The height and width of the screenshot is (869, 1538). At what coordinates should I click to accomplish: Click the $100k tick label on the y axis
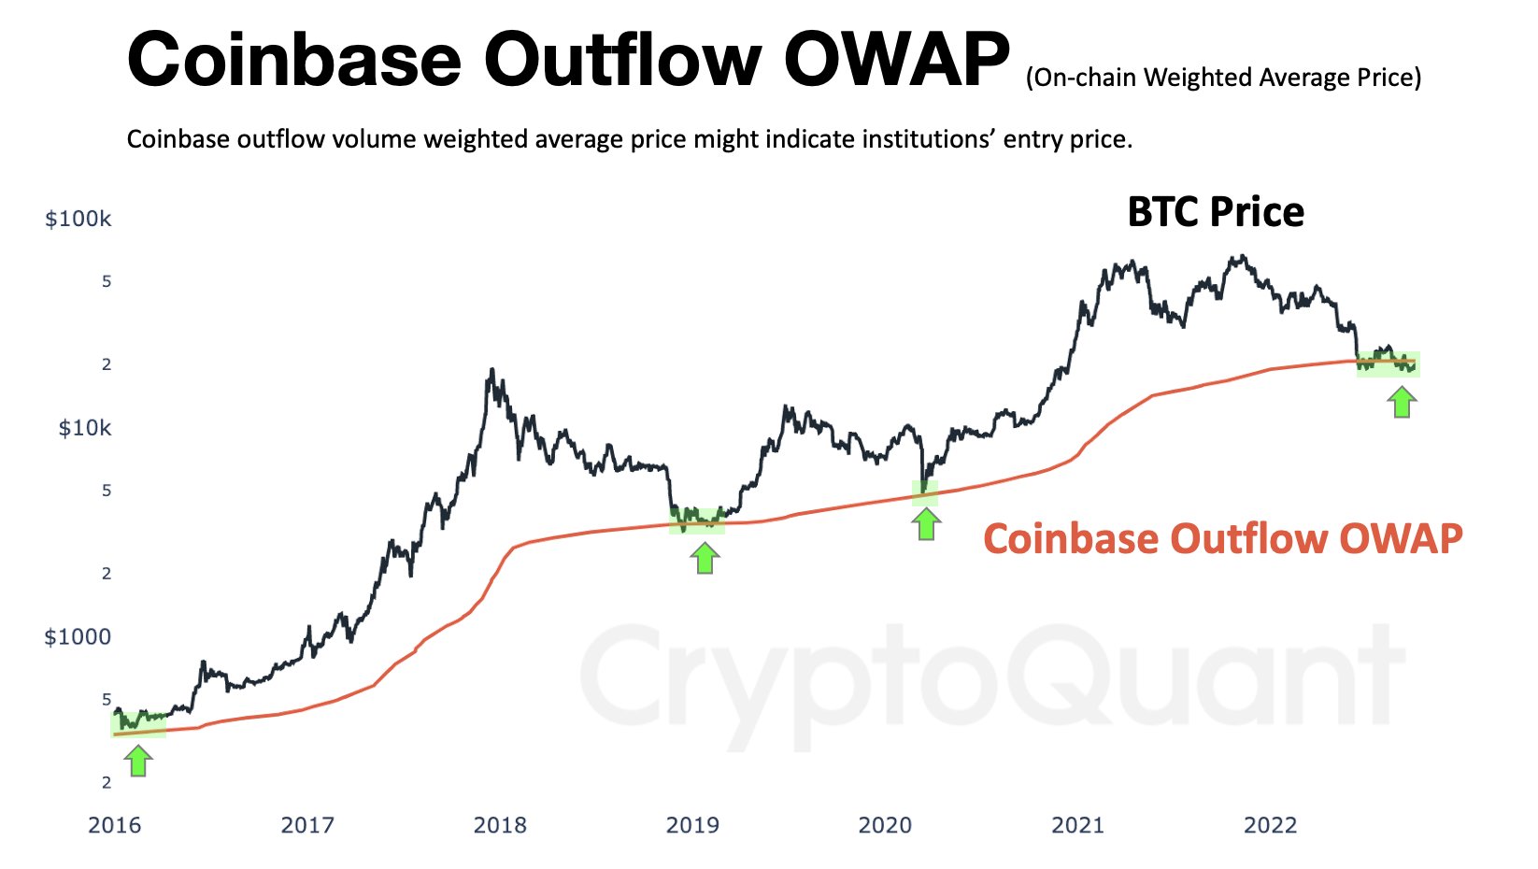tap(78, 220)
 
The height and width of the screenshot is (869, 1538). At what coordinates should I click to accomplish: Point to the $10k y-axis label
tap(85, 429)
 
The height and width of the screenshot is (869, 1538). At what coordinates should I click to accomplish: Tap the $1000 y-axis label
tap(78, 637)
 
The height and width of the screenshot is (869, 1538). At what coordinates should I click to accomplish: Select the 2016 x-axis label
tap(114, 825)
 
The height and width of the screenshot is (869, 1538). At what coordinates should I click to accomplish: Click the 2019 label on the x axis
tap(692, 825)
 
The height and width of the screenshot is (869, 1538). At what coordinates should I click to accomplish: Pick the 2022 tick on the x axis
tap(1271, 825)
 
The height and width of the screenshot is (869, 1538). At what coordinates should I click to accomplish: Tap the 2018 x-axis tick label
tap(500, 825)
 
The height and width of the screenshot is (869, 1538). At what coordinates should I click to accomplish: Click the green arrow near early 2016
tap(138, 761)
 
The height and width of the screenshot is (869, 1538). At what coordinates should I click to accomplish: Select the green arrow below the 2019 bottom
tap(705, 558)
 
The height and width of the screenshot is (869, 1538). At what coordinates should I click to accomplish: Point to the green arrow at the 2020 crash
tap(926, 524)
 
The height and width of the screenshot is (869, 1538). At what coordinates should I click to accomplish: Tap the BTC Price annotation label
tap(1216, 212)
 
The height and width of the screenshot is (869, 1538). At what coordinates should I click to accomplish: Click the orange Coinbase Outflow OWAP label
tap(1222, 539)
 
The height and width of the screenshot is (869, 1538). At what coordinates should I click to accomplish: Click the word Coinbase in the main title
tap(294, 60)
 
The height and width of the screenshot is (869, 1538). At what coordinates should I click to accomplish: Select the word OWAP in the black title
tap(896, 60)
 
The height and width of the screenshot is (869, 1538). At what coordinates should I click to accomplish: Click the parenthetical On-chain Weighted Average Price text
tap(1223, 78)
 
